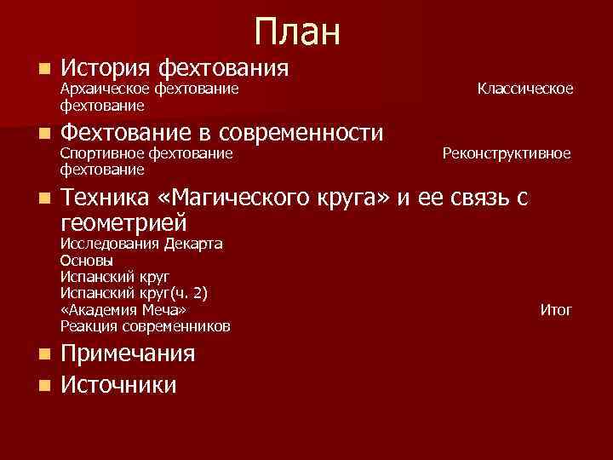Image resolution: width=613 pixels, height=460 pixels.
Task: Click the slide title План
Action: [x=296, y=32]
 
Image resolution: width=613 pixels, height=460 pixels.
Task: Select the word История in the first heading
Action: [x=106, y=66]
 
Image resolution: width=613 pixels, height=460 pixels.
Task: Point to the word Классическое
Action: [x=524, y=89]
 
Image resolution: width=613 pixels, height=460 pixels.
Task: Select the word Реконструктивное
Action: [x=507, y=153]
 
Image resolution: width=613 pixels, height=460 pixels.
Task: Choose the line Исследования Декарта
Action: [x=141, y=244]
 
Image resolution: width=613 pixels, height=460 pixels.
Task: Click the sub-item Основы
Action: [x=86, y=261]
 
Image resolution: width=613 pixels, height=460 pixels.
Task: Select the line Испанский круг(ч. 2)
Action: [x=135, y=293]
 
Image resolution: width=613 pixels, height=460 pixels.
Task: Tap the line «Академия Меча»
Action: [x=123, y=309]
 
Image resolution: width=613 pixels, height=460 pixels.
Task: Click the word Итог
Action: [x=556, y=310]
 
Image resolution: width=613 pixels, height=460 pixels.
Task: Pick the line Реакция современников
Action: [x=146, y=326]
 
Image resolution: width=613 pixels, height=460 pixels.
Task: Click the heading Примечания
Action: [x=129, y=354]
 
